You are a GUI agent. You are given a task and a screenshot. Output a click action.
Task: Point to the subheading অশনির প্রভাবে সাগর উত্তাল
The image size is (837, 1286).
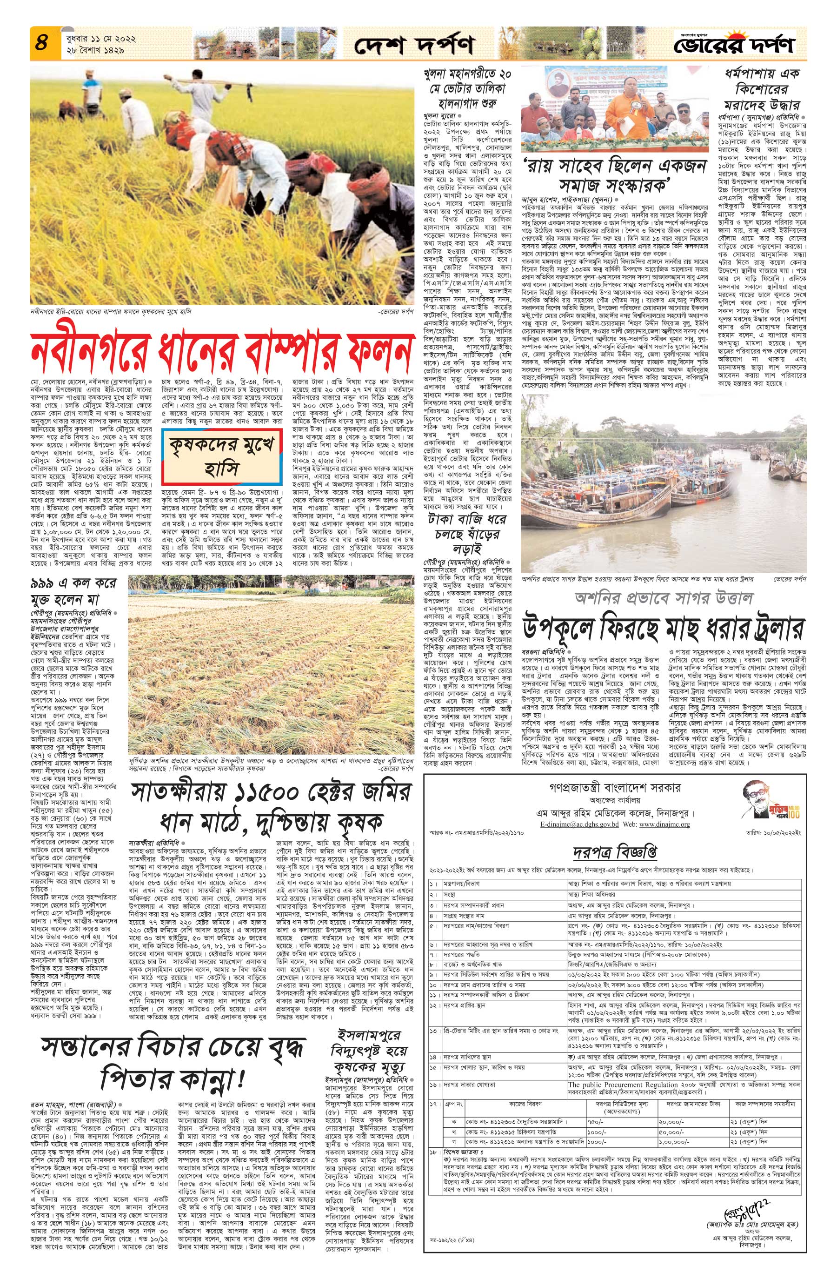tap(663, 597)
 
